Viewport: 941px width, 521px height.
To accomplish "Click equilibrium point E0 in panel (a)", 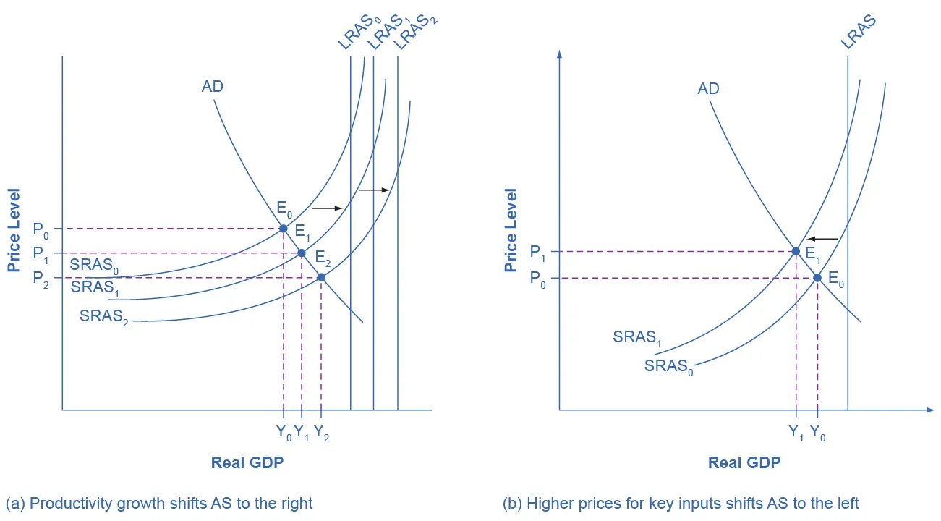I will tap(284, 229).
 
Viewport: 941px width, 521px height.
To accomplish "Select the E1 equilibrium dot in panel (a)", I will tap(302, 253).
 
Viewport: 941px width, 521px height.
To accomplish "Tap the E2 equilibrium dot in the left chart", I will tap(321, 277).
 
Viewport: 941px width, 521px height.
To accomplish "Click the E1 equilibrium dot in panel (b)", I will tap(796, 252).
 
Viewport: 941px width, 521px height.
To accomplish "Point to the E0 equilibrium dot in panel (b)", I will tap(817, 277).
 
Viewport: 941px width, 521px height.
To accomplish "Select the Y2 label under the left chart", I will tap(322, 433).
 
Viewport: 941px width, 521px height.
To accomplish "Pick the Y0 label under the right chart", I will tap(818, 433).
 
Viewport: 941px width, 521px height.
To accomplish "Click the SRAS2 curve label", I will tap(104, 317).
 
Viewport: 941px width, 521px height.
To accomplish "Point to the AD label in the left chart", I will tap(213, 87).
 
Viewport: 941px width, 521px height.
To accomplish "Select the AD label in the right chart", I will tap(708, 89).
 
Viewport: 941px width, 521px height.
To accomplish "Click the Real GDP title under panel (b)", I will tap(744, 463).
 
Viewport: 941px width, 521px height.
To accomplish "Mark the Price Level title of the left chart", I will tap(14, 230).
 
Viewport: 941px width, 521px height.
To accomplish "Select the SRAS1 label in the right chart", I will tap(636, 338).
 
